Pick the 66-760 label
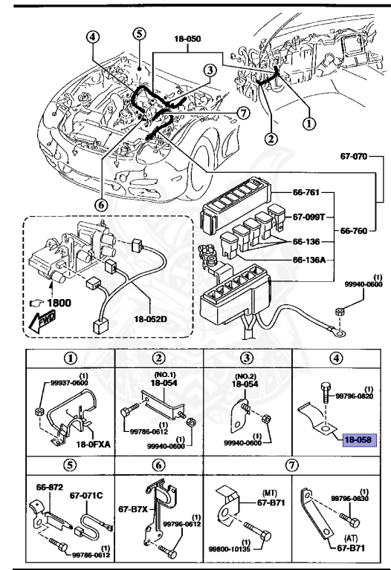tap(356, 230)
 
